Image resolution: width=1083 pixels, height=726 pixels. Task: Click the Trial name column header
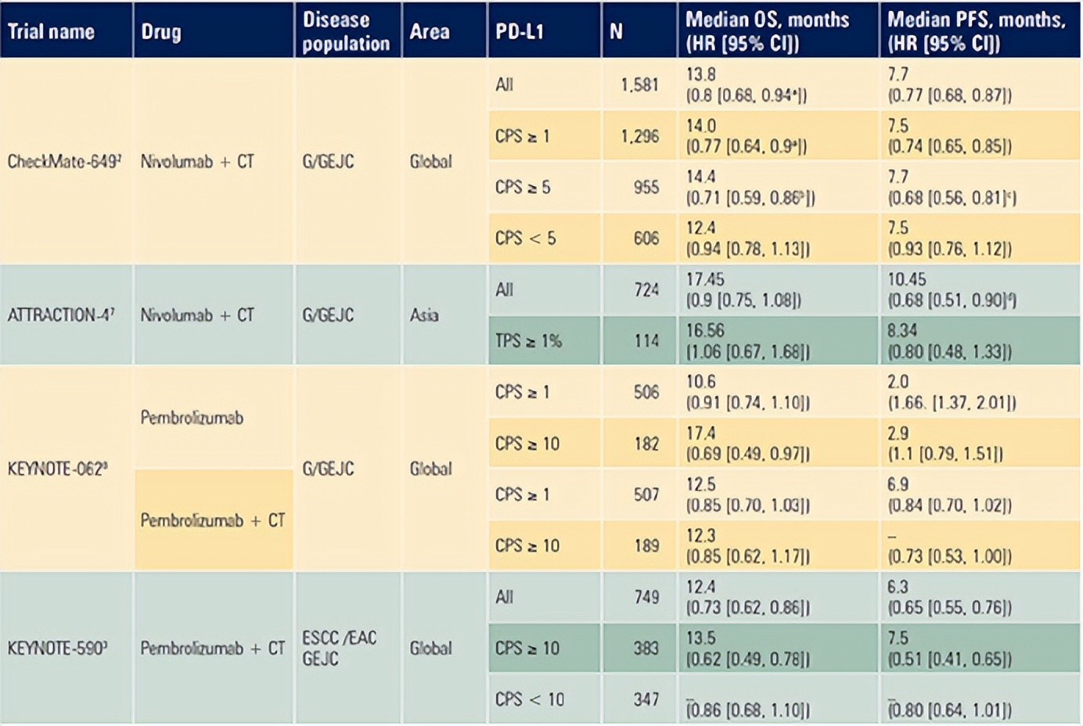(x=51, y=31)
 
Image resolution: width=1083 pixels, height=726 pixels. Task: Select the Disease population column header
(x=346, y=31)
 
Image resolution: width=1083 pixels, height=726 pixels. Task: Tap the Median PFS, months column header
(x=976, y=31)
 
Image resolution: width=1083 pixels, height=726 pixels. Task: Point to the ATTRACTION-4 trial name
(x=61, y=315)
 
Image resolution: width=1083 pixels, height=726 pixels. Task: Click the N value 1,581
(x=639, y=84)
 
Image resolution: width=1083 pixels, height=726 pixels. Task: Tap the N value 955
(x=646, y=187)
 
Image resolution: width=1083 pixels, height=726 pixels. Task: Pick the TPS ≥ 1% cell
(x=528, y=341)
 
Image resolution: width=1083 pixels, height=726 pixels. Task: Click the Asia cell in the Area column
(x=424, y=315)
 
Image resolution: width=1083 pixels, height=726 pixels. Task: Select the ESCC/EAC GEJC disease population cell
(x=339, y=649)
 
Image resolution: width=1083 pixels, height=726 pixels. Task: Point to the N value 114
(x=646, y=341)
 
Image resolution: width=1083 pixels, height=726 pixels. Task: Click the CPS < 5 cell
(x=525, y=239)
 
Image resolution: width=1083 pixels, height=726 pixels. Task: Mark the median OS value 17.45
(x=705, y=279)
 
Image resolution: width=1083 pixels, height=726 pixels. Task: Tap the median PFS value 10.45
(x=907, y=279)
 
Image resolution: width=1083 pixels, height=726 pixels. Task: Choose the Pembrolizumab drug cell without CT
(x=192, y=418)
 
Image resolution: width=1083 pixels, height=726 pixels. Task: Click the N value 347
(x=646, y=699)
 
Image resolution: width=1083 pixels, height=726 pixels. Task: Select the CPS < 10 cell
(x=529, y=699)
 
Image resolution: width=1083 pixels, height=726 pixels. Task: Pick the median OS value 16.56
(x=705, y=331)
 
